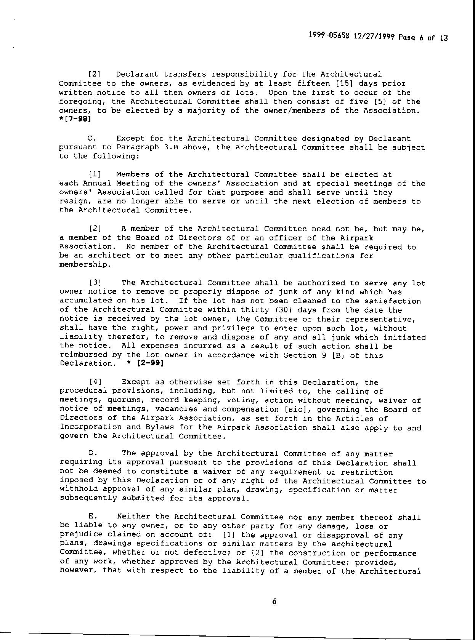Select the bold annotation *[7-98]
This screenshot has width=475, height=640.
(x=75, y=119)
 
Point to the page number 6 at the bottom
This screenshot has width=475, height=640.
(x=274, y=602)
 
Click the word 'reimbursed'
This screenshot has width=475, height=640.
(x=83, y=355)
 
